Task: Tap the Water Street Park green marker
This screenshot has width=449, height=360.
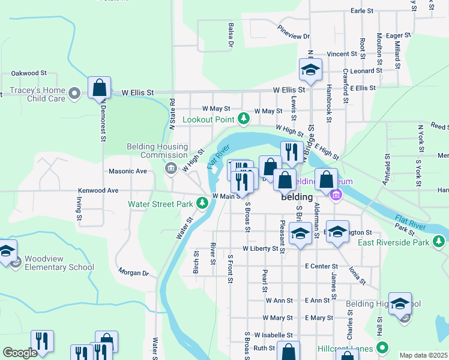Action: pyautogui.click(x=202, y=204)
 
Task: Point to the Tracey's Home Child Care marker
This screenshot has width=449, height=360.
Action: pyautogui.click(x=74, y=93)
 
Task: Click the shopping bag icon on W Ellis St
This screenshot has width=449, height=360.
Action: pyautogui.click(x=99, y=88)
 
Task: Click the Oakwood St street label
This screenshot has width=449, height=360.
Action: pyautogui.click(x=29, y=73)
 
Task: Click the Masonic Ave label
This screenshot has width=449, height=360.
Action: pyautogui.click(x=128, y=171)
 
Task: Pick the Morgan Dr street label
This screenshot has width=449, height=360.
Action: pyautogui.click(x=133, y=273)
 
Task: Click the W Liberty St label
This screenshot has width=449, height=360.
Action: pyautogui.click(x=261, y=248)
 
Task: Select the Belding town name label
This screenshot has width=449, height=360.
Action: pyautogui.click(x=297, y=197)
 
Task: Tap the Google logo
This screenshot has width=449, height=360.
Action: pyautogui.click(x=20, y=353)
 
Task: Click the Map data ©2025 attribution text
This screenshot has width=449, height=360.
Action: pyautogui.click(x=423, y=355)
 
